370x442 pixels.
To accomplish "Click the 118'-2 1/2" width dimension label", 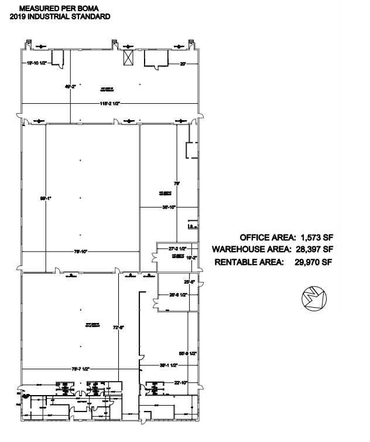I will (x=109, y=104).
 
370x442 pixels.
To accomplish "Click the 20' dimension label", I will (x=183, y=62).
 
